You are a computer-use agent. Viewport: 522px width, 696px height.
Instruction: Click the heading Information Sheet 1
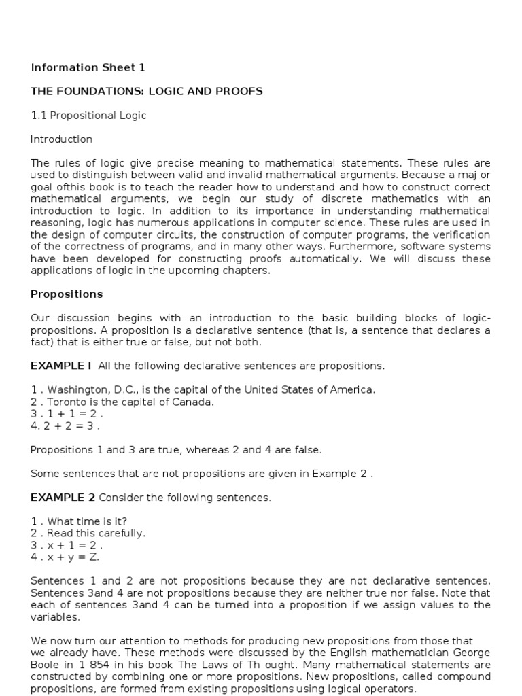88,67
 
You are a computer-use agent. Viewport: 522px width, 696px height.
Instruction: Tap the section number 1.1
38,115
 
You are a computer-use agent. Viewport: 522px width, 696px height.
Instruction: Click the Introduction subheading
61,139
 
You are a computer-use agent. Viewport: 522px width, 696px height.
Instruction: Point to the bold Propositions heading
67,294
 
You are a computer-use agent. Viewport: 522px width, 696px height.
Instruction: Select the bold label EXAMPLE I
60,366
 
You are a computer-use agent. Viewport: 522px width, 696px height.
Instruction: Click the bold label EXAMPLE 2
63,498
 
